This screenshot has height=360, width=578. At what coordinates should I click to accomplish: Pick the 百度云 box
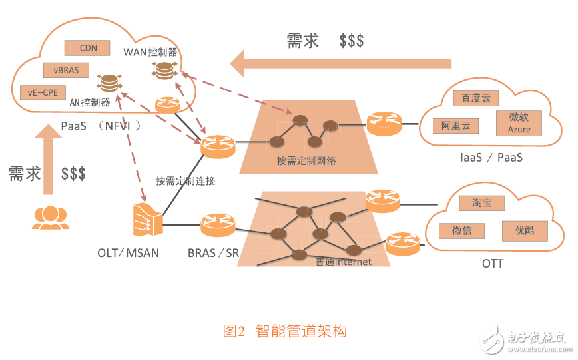(x=475, y=98)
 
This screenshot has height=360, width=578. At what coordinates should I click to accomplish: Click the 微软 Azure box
(x=519, y=122)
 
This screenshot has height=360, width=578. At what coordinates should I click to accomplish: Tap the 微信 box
(x=461, y=231)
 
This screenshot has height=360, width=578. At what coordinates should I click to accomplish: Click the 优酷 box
(x=525, y=230)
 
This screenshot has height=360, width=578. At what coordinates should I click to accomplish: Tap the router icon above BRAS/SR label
(x=218, y=224)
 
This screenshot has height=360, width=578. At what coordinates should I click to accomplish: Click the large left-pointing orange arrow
(x=340, y=65)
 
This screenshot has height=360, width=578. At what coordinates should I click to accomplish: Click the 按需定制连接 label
(x=185, y=180)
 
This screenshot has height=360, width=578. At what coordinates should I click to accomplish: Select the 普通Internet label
(x=343, y=262)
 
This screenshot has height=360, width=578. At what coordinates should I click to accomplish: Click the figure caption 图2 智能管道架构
(x=284, y=330)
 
